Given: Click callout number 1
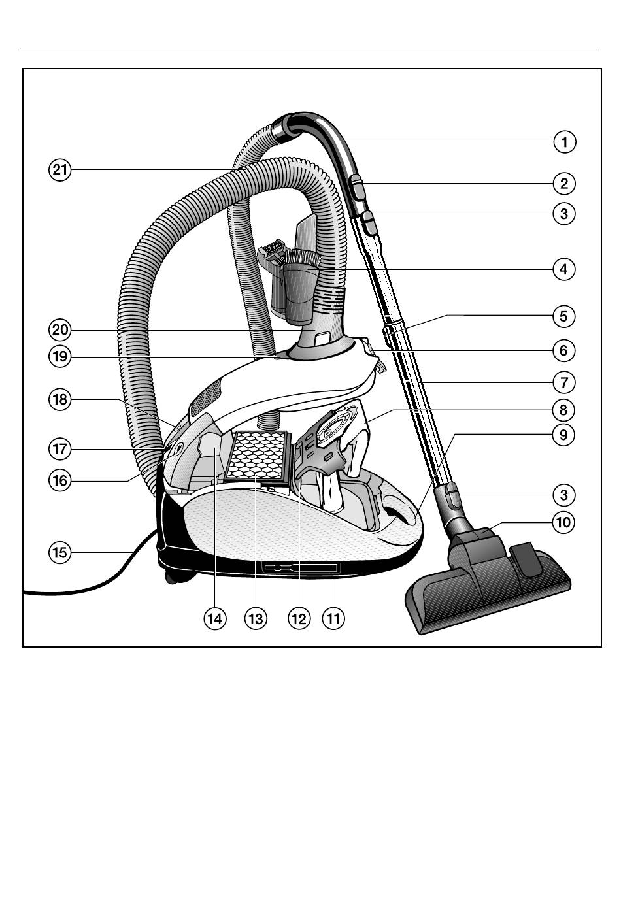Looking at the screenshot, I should coord(565,141).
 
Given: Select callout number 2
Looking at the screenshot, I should coord(565,184).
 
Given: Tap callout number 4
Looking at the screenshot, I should coord(565,269).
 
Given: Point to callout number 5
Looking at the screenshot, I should coord(565,316).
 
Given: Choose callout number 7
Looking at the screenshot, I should coord(565,381).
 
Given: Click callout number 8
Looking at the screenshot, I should coord(565,410).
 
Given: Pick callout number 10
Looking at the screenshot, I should coord(565,522).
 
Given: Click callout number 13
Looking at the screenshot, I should coord(256,618).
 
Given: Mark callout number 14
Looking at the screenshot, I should coord(214,618).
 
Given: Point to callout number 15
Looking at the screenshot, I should coord(59,552).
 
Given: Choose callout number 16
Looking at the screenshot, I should coord(59,480).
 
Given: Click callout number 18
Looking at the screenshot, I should coord(59,399).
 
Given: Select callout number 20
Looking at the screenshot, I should coord(59,329).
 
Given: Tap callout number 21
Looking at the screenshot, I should coord(59,171).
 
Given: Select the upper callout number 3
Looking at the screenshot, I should coord(565,213).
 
